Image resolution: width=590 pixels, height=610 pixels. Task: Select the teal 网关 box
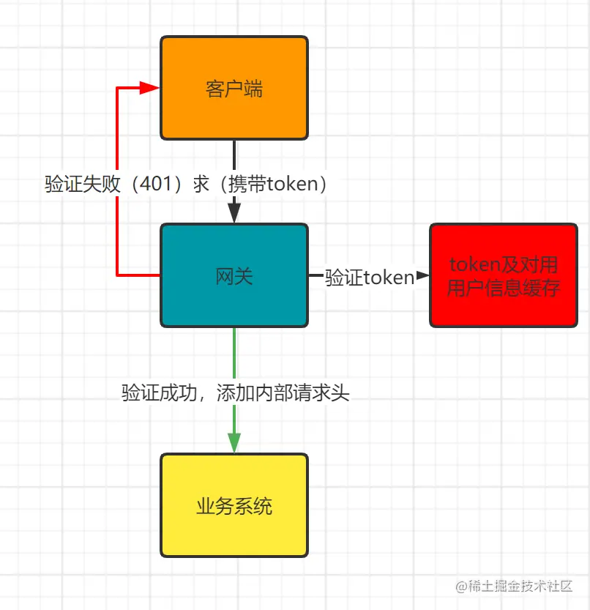(x=234, y=308)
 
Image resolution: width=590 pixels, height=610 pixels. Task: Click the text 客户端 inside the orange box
(x=234, y=89)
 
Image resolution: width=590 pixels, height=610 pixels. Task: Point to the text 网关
(x=234, y=276)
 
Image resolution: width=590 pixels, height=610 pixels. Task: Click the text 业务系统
(x=234, y=506)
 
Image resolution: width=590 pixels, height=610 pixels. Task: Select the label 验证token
(x=370, y=278)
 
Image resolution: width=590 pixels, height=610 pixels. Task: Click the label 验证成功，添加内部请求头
(x=236, y=393)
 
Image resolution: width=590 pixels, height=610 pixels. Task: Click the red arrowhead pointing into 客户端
(x=151, y=88)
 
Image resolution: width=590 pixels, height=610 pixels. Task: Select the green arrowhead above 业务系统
(x=234, y=443)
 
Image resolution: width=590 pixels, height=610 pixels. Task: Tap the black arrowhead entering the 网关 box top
(x=234, y=213)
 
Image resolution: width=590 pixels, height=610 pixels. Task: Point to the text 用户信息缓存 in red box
(x=504, y=288)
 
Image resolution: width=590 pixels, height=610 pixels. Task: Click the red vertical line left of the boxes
(x=117, y=234)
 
